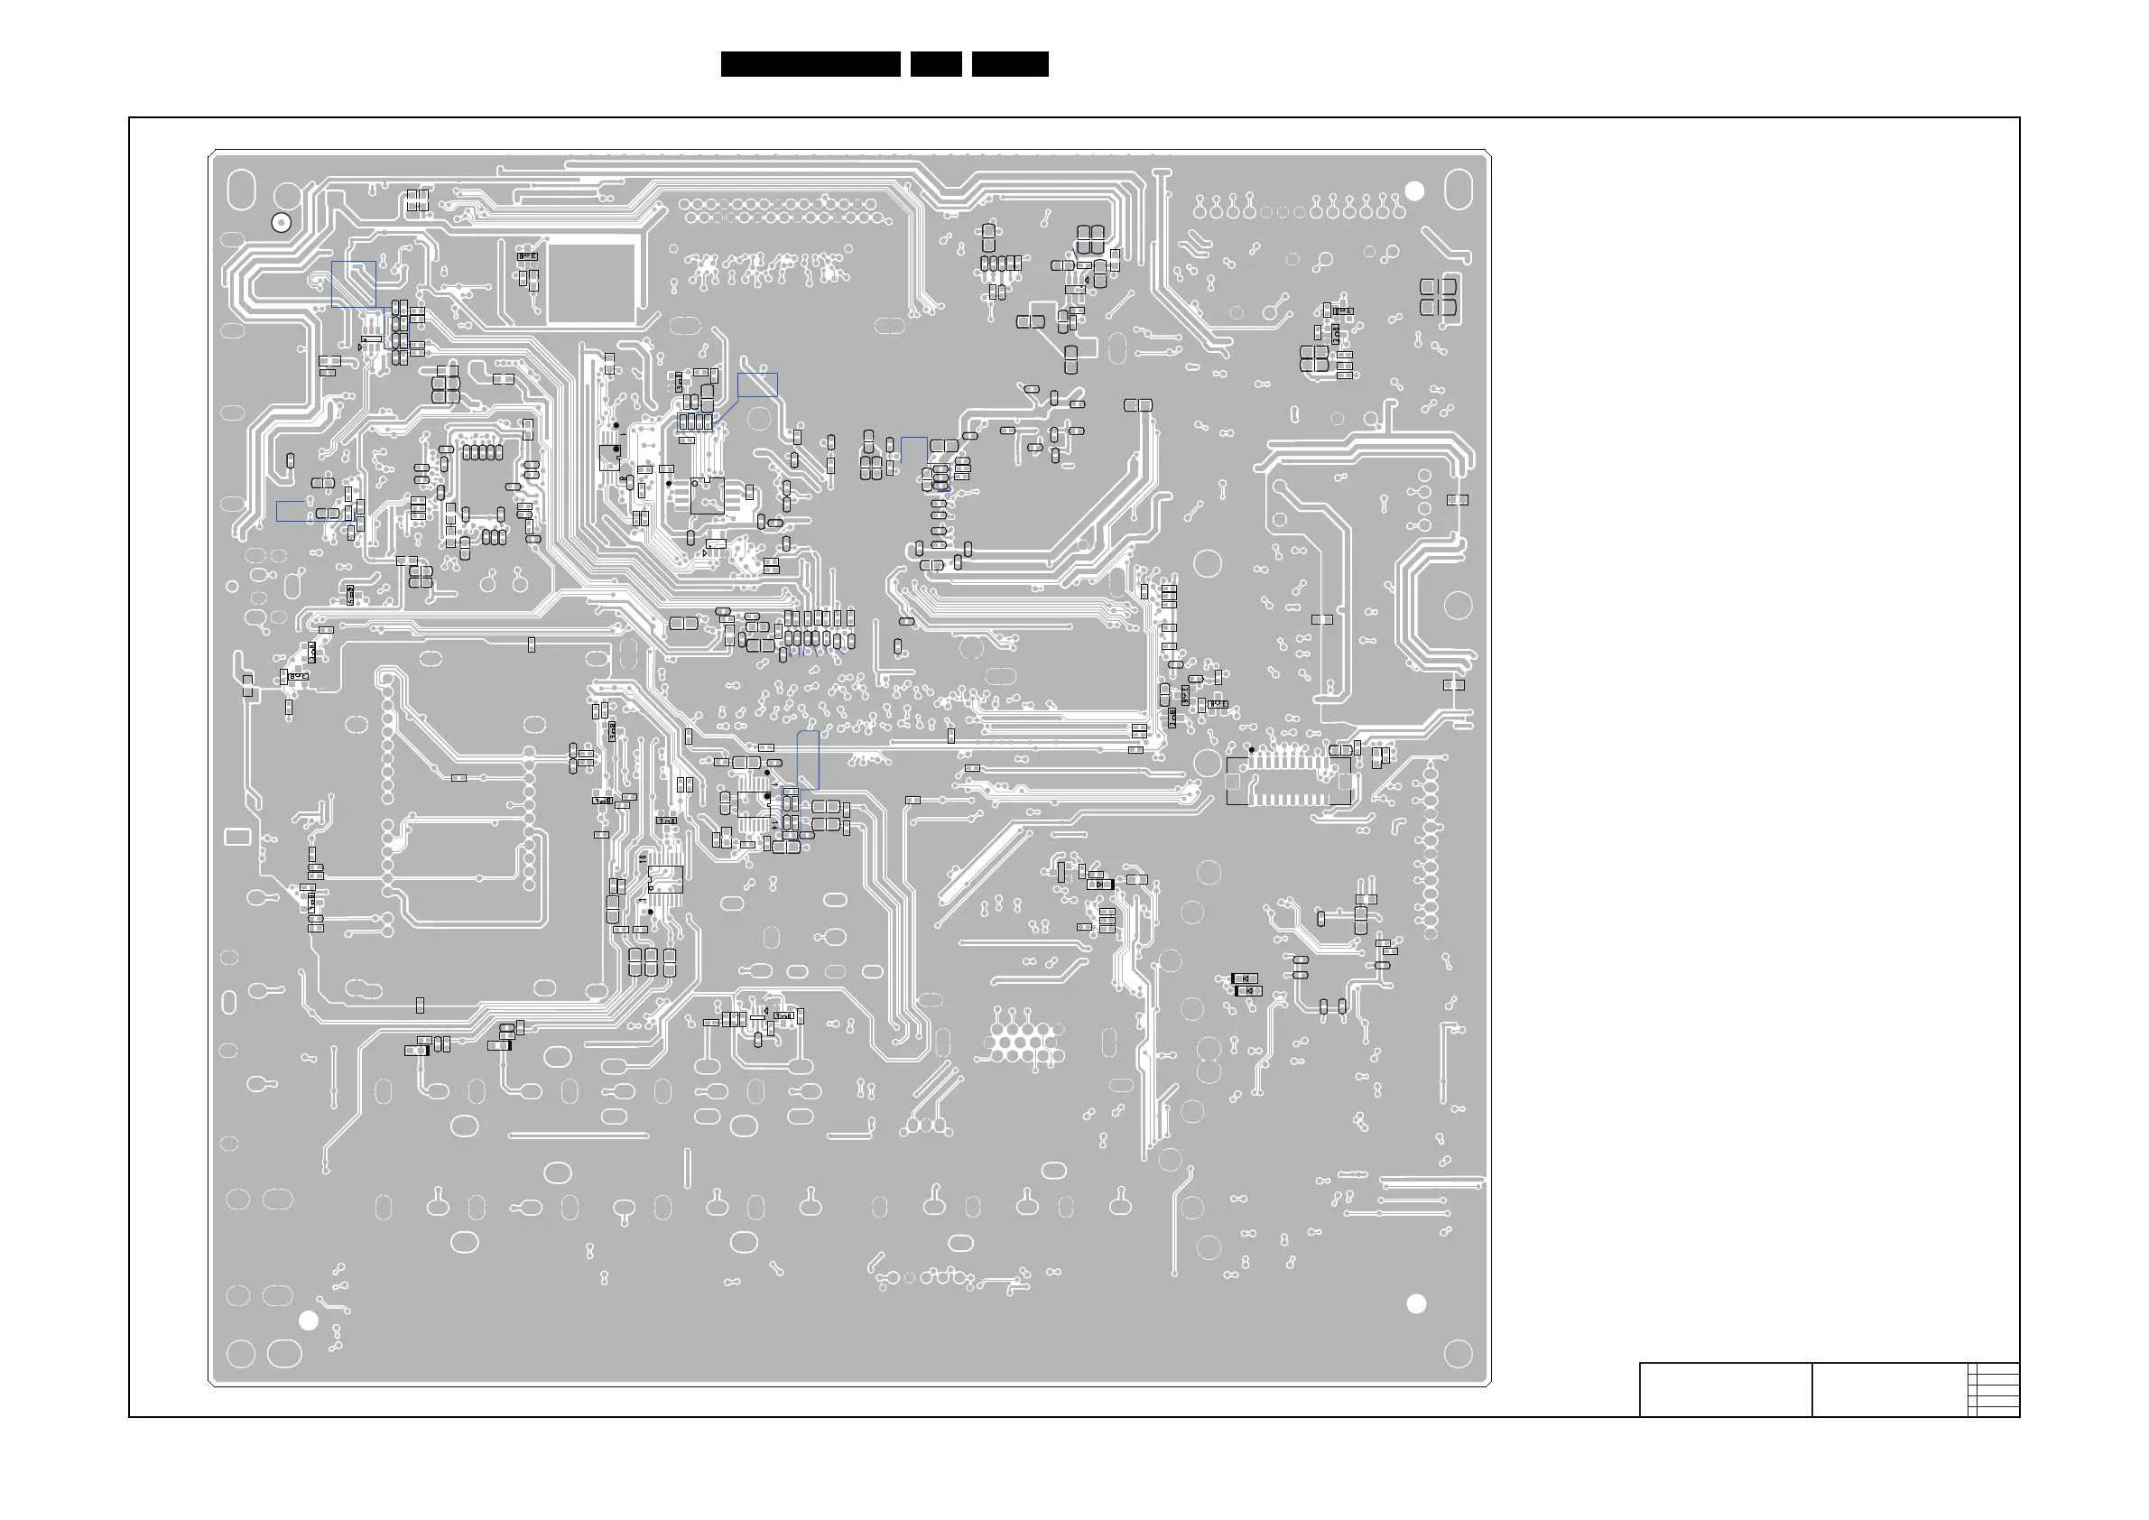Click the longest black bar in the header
coord(811,64)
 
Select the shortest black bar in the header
coord(936,64)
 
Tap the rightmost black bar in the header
coord(1010,64)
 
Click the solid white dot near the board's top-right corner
coord(1414,191)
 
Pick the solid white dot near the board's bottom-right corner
coord(1416,1303)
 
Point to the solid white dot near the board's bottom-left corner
coord(308,1321)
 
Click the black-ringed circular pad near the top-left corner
coord(281,223)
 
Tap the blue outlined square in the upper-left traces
coord(354,283)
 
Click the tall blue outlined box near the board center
coord(808,760)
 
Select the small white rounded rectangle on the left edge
coord(236,837)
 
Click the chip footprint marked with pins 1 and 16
coord(665,880)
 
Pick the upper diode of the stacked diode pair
coord(1245,979)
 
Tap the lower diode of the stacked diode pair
coord(1248,991)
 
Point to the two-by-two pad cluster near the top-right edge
coord(1438,297)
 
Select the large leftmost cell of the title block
coord(1725,1390)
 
